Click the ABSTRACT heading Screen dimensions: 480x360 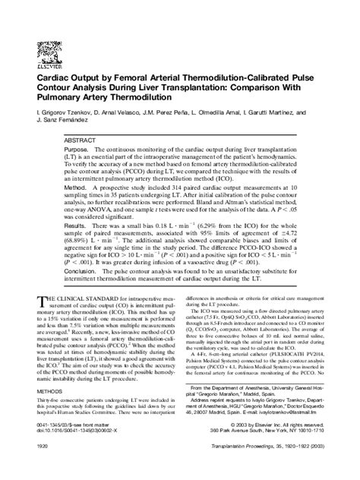[81, 142]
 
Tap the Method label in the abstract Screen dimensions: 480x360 [77, 187]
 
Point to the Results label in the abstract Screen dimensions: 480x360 [77, 226]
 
